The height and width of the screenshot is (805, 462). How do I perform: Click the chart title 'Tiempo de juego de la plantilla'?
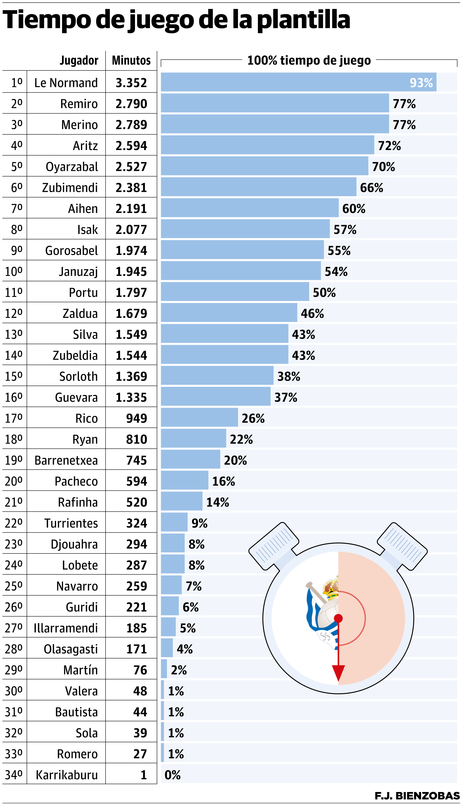(176, 20)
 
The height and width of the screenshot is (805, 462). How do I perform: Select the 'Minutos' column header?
(131, 60)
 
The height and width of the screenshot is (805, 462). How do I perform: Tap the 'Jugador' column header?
(79, 60)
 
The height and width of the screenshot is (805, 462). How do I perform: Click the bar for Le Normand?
(298, 82)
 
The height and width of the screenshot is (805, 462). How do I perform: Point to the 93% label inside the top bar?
(421, 83)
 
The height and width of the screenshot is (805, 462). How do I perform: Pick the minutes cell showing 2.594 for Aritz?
(131, 145)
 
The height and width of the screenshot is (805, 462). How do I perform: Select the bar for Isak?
(245, 229)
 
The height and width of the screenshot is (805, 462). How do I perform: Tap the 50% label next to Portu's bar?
(324, 292)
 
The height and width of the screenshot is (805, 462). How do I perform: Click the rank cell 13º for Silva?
(14, 334)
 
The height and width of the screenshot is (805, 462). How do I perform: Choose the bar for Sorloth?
(217, 376)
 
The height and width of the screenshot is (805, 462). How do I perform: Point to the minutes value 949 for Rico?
(136, 418)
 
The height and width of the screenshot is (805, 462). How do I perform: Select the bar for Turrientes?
(174, 522)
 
